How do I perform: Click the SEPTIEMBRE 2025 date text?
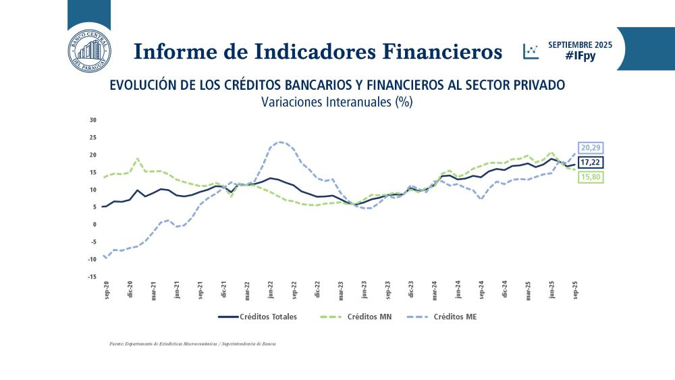point(580,45)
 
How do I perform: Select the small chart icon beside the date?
point(531,51)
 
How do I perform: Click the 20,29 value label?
point(589,148)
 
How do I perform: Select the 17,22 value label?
point(589,163)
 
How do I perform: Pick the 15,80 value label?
point(589,178)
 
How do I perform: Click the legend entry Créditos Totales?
point(259,316)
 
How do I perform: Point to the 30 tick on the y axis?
point(93,120)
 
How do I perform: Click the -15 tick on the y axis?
point(92,277)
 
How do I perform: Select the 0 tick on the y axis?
point(95,224)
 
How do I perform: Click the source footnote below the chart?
point(192,344)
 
